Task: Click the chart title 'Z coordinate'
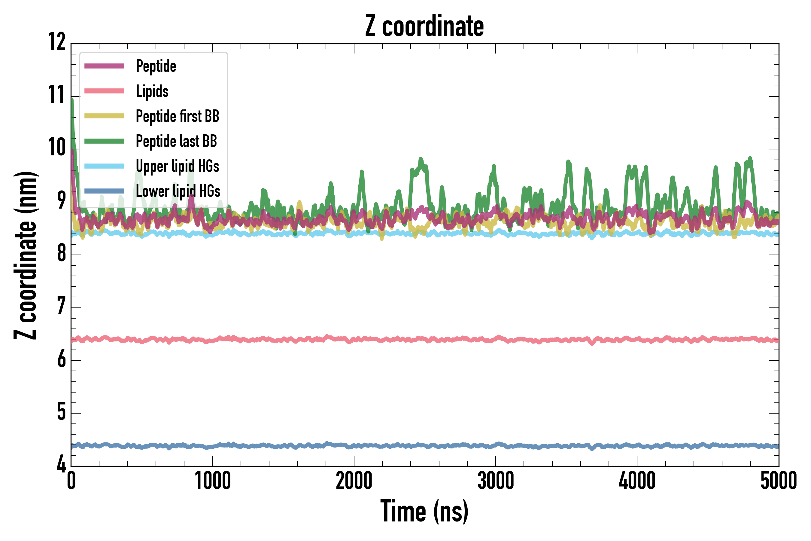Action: click(x=424, y=26)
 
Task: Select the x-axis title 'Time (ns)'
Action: click(x=424, y=511)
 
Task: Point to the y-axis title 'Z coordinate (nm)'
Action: click(x=25, y=255)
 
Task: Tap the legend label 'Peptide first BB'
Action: click(x=178, y=116)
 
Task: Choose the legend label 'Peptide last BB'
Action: click(x=176, y=141)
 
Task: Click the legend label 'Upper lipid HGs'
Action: click(x=178, y=166)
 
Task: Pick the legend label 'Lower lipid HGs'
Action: click(x=178, y=191)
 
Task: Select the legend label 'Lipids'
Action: click(x=152, y=91)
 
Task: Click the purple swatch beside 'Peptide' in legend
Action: click(x=104, y=66)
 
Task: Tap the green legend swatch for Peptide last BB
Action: click(x=104, y=141)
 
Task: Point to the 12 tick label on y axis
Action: click(x=56, y=42)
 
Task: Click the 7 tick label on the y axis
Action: click(x=61, y=306)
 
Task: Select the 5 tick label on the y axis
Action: click(x=61, y=412)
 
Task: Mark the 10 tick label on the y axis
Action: click(x=56, y=147)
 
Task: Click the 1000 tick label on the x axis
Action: click(x=212, y=481)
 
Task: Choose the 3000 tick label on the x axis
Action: click(x=496, y=481)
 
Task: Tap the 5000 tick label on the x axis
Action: click(x=778, y=481)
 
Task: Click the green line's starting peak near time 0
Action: click(x=72, y=100)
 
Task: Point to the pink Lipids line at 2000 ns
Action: click(x=354, y=340)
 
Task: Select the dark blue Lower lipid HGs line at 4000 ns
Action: click(x=637, y=445)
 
